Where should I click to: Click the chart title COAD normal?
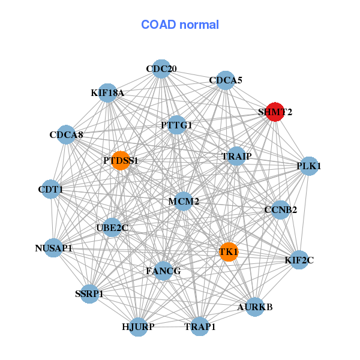tap(180, 25)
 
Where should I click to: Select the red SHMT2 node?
tap(275, 112)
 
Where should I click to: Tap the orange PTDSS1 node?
tap(121, 160)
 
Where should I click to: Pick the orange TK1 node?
tap(229, 251)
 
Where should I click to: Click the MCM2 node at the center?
tap(184, 201)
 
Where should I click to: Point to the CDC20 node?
tap(161, 69)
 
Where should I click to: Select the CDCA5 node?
tap(225, 80)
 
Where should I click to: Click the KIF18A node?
tap(107, 93)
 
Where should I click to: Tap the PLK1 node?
tap(308, 166)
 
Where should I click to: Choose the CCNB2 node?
tap(280, 210)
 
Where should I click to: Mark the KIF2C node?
tap(299, 260)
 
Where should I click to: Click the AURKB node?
tap(255, 307)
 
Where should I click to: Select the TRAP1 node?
tap(200, 326)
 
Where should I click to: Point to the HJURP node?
tap(139, 326)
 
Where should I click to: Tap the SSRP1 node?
tap(89, 293)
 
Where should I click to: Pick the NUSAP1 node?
tap(53, 247)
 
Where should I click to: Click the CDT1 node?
tap(51, 190)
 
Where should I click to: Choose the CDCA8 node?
tap(66, 135)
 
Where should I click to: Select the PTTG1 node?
tap(176, 125)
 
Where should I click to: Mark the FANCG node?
tap(163, 271)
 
